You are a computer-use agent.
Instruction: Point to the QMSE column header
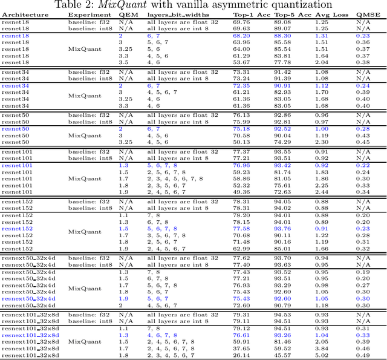[363, 14]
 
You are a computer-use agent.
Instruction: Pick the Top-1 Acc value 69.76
[242, 21]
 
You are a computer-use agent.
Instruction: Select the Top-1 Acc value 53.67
[242, 62]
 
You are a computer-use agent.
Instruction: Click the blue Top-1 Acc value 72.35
[242, 86]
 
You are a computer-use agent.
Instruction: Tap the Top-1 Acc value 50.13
[242, 142]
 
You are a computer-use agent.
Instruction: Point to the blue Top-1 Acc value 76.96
[242, 165]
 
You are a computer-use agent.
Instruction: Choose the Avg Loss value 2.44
[322, 192]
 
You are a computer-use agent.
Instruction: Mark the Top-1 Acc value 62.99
[242, 248]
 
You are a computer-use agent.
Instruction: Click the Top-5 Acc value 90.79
[282, 305]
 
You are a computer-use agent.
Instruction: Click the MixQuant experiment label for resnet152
[85, 231]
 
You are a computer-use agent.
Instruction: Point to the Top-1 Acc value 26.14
[242, 355]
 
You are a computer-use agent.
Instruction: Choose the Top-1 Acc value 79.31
[242, 315]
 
